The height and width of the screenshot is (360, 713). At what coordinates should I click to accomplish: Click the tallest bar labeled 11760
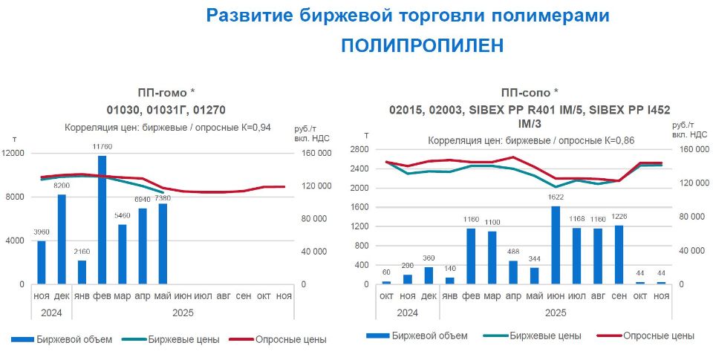(x=102, y=220)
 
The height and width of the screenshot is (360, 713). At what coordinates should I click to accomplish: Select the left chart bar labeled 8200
(x=62, y=239)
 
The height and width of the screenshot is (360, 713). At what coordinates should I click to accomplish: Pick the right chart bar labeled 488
(x=512, y=272)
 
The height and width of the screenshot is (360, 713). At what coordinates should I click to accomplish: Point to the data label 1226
(x=619, y=217)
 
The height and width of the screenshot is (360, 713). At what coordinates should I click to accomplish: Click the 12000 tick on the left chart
(x=15, y=153)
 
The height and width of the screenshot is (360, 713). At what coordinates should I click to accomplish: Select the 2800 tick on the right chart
(x=360, y=149)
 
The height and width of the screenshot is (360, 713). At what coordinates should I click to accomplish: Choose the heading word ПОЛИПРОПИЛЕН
(x=423, y=45)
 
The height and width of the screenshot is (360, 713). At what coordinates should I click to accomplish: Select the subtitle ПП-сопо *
(x=530, y=93)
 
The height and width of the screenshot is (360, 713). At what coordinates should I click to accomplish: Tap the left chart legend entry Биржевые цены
(x=183, y=340)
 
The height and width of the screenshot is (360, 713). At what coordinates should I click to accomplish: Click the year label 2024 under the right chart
(x=406, y=313)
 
